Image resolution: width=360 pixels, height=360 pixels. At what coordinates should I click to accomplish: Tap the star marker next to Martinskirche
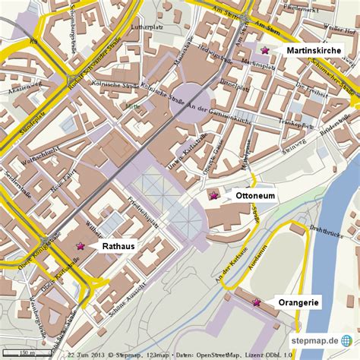click(x=265, y=50)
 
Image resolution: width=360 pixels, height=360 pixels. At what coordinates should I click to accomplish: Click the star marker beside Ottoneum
click(x=213, y=196)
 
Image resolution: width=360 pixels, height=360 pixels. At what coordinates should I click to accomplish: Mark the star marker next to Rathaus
click(x=81, y=246)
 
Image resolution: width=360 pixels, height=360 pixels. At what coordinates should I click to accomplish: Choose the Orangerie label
click(x=298, y=302)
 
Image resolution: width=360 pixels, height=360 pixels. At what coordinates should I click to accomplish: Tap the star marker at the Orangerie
click(x=256, y=303)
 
